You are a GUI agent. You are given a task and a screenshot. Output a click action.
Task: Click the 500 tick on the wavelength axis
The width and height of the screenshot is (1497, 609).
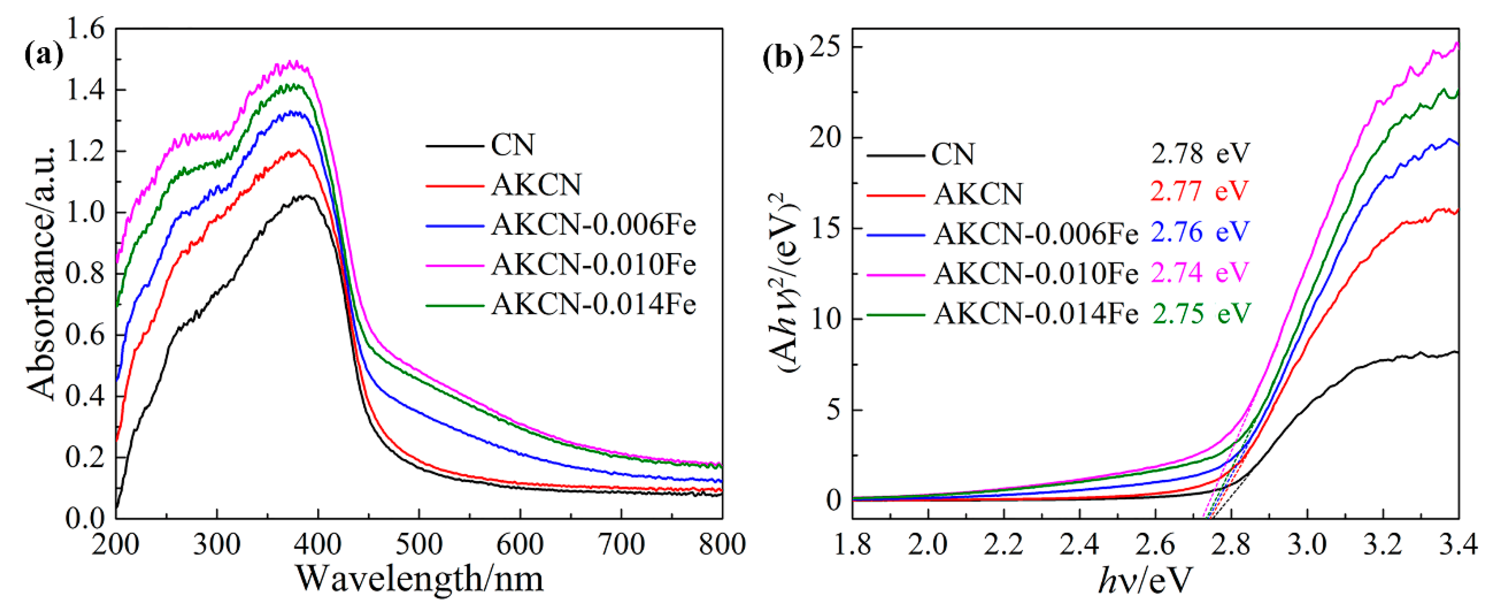419,545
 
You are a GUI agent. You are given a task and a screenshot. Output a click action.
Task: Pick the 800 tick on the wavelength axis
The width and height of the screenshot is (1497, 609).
721,545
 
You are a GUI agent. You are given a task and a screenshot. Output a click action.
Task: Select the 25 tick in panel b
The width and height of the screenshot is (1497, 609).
827,48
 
